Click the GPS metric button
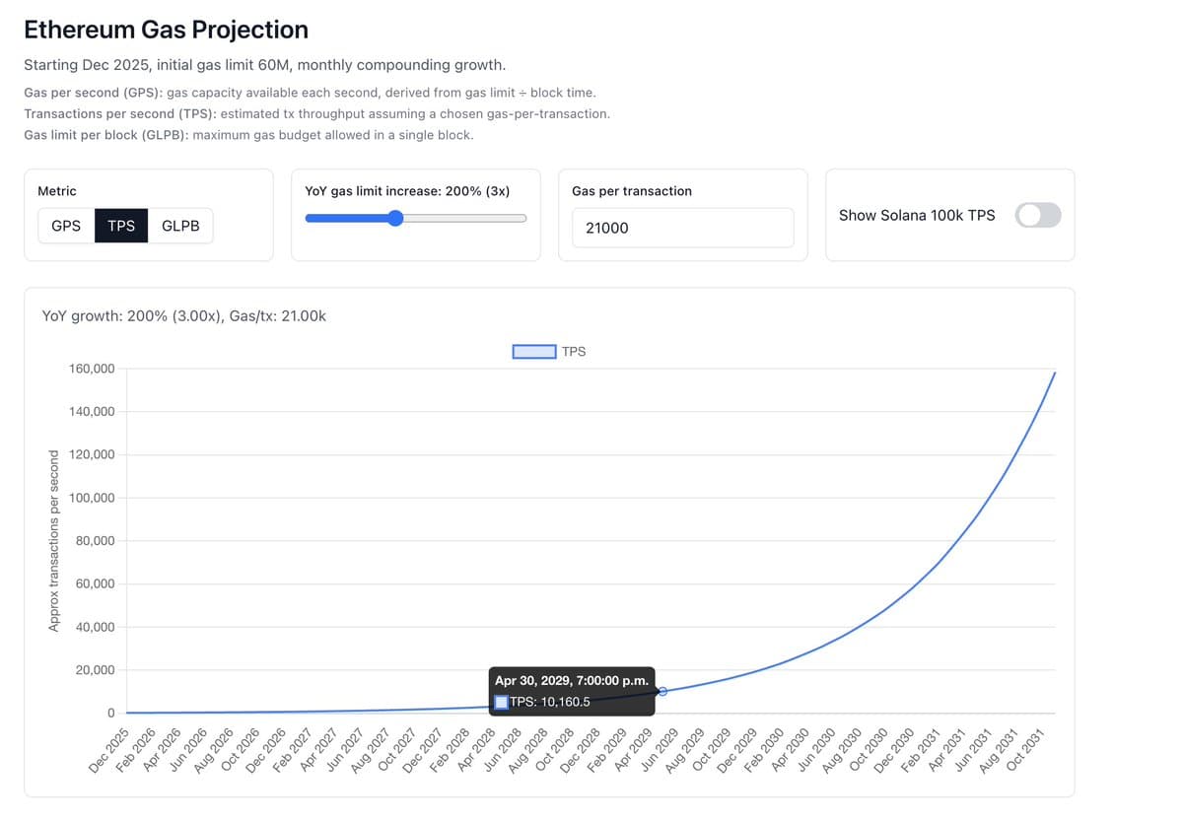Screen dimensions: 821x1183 tap(66, 226)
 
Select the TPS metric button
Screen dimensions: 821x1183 tap(121, 226)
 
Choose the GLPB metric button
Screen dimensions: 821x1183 tap(180, 226)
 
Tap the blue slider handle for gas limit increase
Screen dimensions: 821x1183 tap(395, 218)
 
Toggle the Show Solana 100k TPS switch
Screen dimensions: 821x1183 tap(1038, 215)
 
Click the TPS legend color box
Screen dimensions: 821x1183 tap(533, 351)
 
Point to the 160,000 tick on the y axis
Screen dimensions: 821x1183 tap(92, 369)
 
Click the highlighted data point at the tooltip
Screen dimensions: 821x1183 tap(662, 691)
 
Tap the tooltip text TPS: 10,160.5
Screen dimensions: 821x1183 tap(549, 702)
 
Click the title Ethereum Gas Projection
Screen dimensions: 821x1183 tap(166, 30)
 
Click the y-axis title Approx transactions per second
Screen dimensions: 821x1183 tap(55, 539)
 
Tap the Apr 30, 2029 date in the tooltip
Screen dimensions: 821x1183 tap(571, 680)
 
